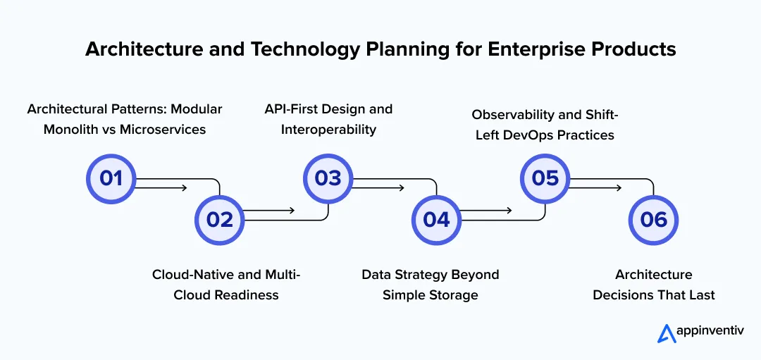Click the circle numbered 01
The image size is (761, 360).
pyautogui.click(x=111, y=178)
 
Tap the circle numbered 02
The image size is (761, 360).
pyautogui.click(x=219, y=220)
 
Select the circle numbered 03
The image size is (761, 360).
pyautogui.click(x=328, y=178)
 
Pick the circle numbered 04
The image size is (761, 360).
pyautogui.click(x=436, y=220)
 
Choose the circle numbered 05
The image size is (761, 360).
pyautogui.click(x=545, y=178)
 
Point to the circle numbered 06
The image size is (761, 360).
pyautogui.click(x=653, y=220)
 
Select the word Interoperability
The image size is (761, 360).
pyautogui.click(x=328, y=129)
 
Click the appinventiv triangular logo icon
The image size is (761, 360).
pyautogui.click(x=667, y=333)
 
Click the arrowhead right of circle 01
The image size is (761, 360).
pyautogui.click(x=183, y=187)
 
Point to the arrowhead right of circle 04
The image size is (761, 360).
pyautogui.click(x=509, y=211)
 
